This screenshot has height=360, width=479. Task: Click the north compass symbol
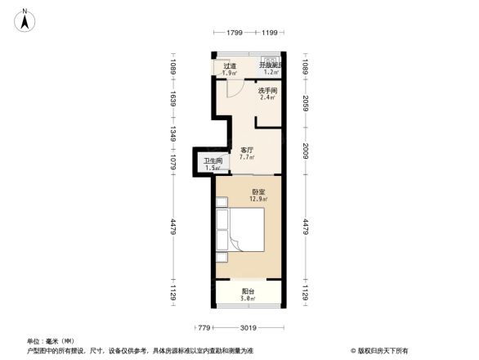pyautogui.click(x=26, y=20)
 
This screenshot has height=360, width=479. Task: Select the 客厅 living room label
pyautogui.click(x=247, y=150)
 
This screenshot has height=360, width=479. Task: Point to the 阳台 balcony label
pyautogui.click(x=248, y=292)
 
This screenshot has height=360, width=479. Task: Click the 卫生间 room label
pyautogui.click(x=213, y=161)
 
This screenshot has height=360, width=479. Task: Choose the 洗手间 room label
pyautogui.click(x=267, y=91)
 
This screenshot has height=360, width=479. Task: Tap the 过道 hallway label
pyautogui.click(x=229, y=66)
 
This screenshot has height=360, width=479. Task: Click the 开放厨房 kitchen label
pyautogui.click(x=271, y=65)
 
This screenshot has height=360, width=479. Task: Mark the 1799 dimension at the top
pyautogui.click(x=235, y=33)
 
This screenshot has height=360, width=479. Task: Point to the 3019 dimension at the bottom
pyautogui.click(x=248, y=328)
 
